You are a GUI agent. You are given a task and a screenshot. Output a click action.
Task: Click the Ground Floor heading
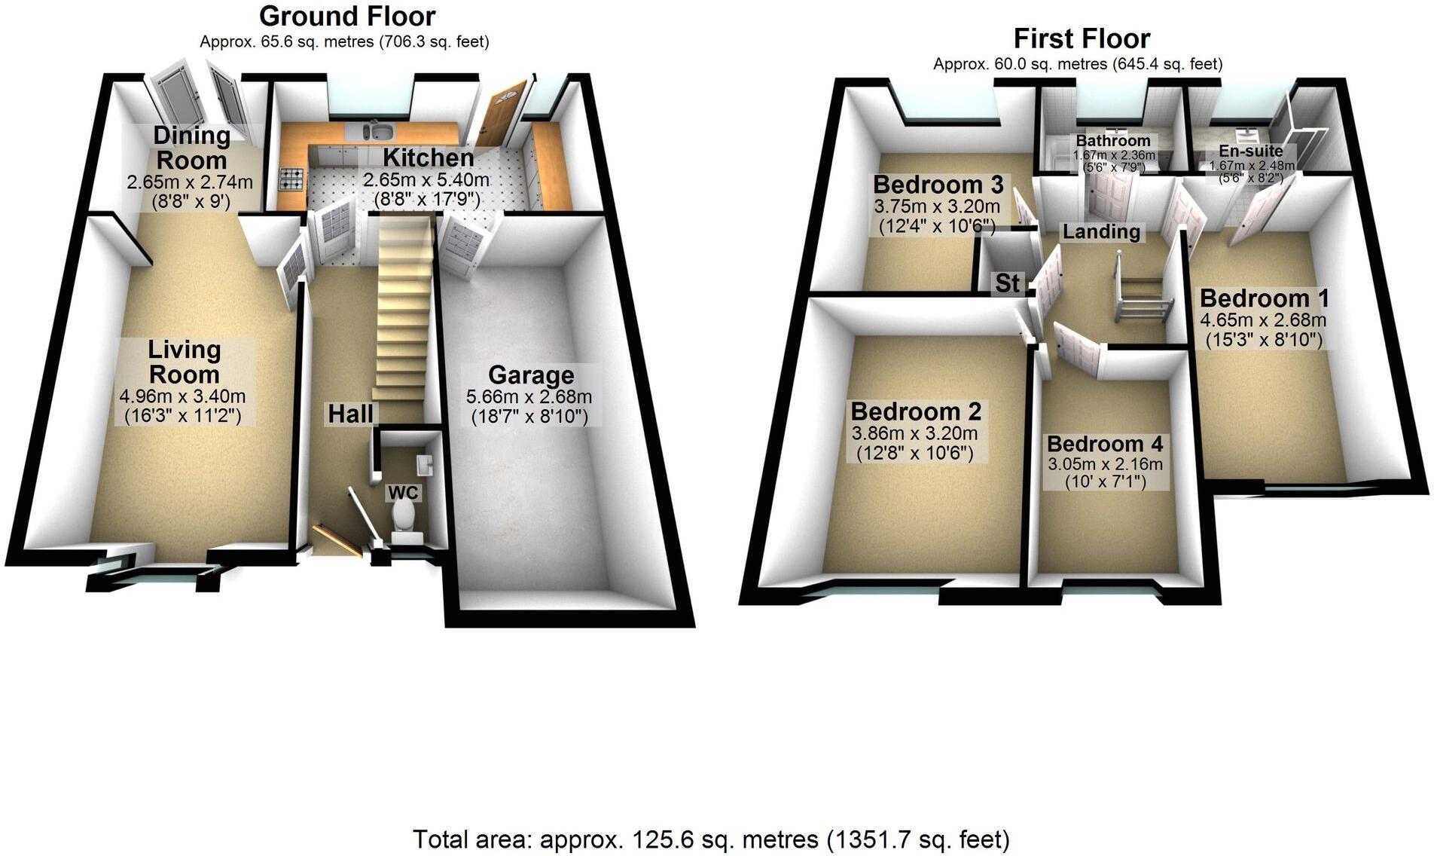pos(347,16)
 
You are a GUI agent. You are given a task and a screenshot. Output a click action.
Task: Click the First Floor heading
pos(1082,38)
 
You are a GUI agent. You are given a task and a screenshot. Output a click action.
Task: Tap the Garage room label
pos(530,375)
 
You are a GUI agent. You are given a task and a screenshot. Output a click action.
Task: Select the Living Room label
pos(184,362)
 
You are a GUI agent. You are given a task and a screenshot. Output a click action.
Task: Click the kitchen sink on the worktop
pos(379,132)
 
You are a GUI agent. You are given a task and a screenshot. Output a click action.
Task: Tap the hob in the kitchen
pos(292,179)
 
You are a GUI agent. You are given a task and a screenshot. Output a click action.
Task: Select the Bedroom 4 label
pos(1104,444)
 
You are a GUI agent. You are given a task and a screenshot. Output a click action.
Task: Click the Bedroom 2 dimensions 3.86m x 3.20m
pos(914,433)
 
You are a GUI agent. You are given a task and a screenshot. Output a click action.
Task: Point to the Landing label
pos(1101,231)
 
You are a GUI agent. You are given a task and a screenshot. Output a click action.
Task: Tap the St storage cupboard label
pos(1007,283)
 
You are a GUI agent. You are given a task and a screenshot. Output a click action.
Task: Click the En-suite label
pos(1251,151)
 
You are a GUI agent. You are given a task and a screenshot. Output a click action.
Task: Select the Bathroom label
pos(1112,141)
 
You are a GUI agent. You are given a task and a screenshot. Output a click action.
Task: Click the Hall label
pos(350,413)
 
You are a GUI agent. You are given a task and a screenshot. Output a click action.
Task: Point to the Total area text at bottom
pos(711,839)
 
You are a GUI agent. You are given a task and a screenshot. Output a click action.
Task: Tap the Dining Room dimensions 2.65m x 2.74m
pos(190,182)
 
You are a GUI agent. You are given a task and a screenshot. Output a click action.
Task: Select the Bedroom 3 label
pos(938,185)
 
